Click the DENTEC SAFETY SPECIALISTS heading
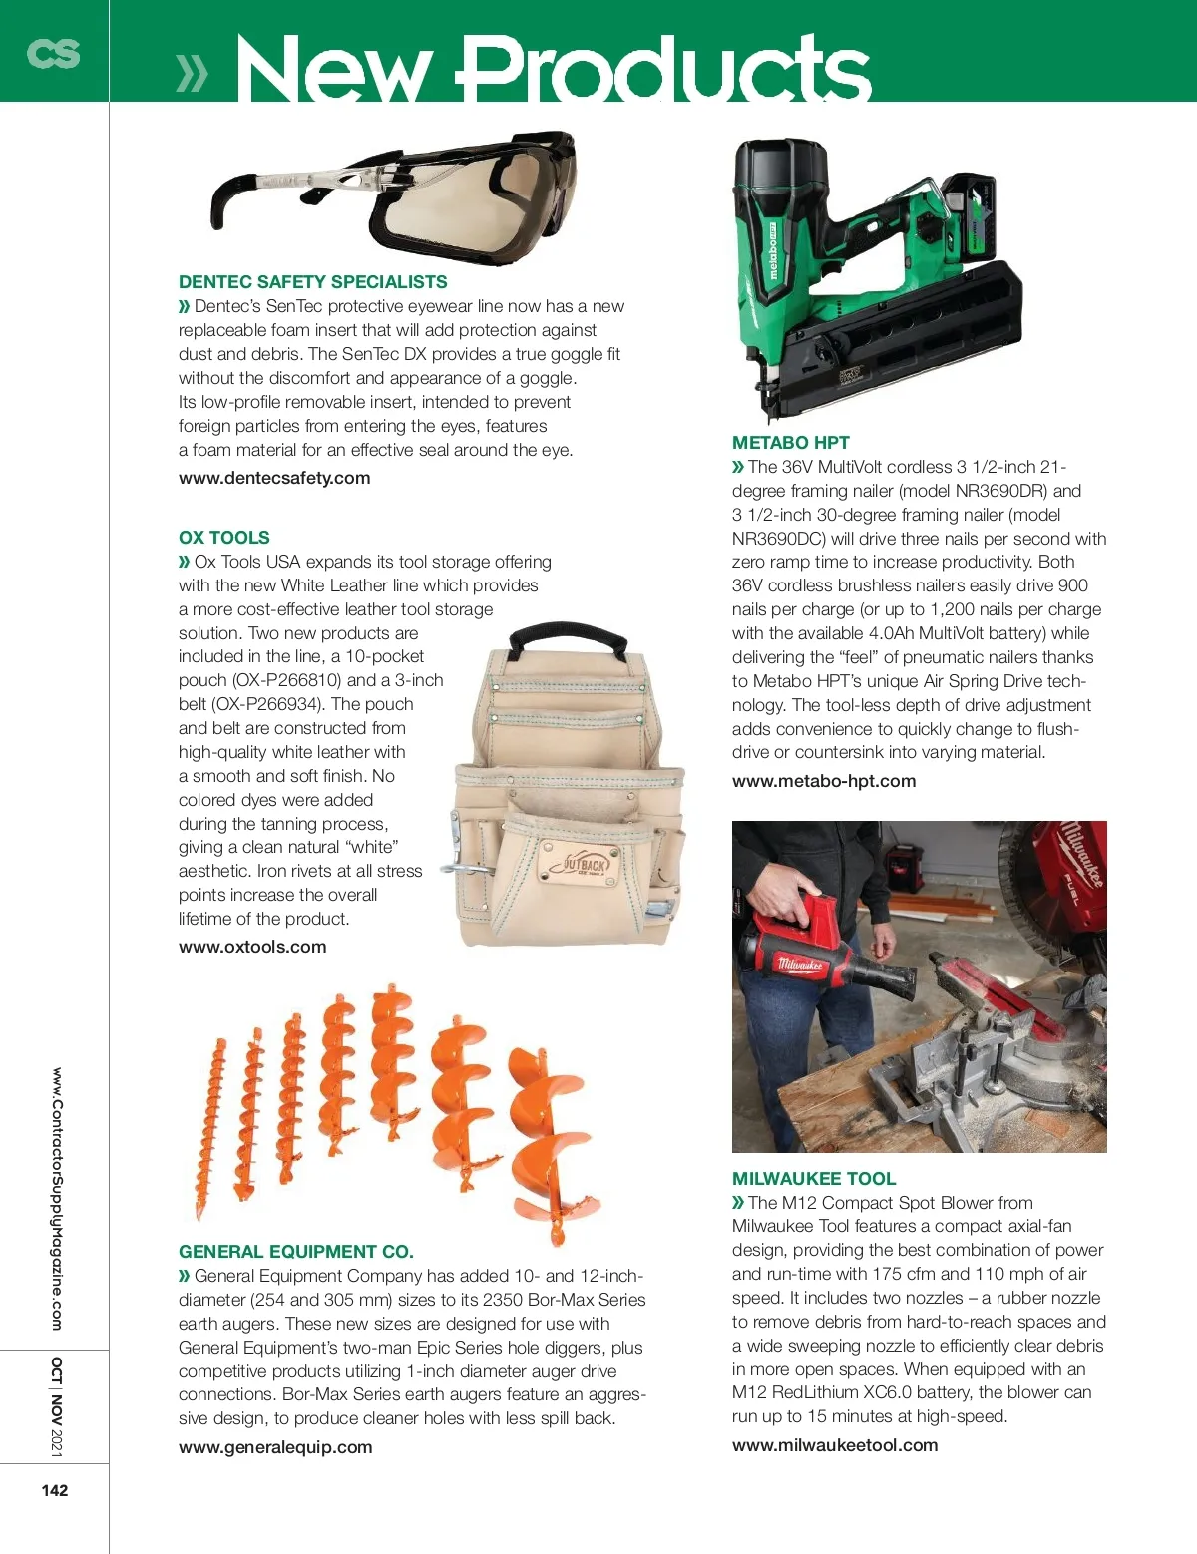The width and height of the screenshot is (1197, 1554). coord(312,282)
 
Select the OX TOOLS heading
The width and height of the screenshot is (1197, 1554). coord(223,537)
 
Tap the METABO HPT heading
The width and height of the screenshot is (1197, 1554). coord(790,443)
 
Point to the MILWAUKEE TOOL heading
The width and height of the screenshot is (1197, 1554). coord(814,1178)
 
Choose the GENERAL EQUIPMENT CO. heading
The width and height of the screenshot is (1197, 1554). coord(295,1251)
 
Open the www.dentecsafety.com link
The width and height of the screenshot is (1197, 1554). coord(274,478)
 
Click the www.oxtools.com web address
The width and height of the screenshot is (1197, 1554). coord(252,947)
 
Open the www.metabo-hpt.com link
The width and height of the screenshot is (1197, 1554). coord(824,781)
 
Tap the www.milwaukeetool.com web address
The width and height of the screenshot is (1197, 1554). coord(835,1445)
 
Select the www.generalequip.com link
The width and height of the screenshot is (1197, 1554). coord(275,1447)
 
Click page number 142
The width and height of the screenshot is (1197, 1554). coord(55,1490)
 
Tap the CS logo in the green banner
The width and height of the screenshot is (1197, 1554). coord(53,52)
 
